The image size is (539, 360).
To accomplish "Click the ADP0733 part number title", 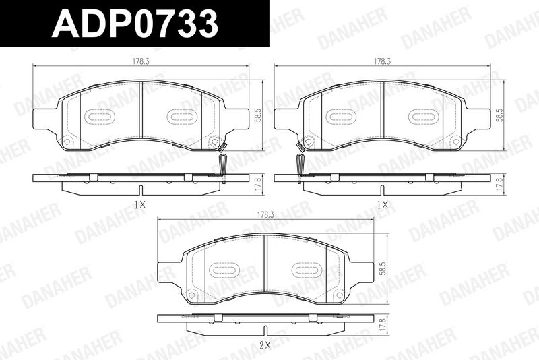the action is [135, 24].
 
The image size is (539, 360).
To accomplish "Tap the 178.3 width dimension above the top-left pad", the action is [141, 61].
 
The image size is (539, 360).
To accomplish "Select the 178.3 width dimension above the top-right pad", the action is [382, 61].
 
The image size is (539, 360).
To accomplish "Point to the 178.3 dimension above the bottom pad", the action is [265, 215].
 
